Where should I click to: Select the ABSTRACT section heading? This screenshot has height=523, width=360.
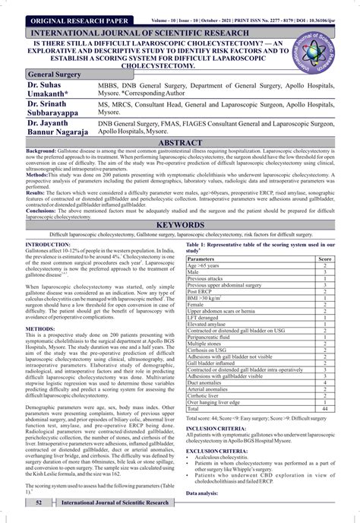pyautogui.click(x=180, y=141)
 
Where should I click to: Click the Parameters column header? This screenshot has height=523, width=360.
pyautogui.click(x=205, y=259)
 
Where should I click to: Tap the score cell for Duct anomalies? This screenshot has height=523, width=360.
pyautogui.click(x=324, y=383)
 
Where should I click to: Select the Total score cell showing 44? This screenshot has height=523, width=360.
pyautogui.click(x=324, y=409)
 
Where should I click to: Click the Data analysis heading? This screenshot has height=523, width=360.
pyautogui.click(x=206, y=493)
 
